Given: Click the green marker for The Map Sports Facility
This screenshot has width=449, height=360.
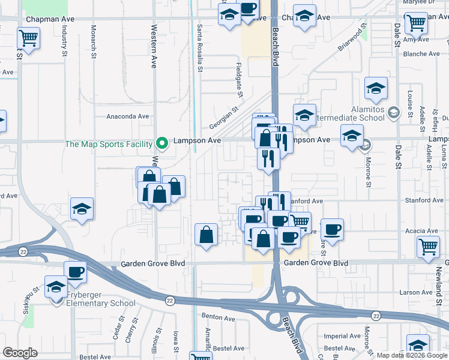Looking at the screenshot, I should click(x=161, y=143).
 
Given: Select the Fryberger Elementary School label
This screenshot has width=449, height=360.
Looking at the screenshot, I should click(x=98, y=303).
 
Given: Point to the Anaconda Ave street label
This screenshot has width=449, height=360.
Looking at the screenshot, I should click(x=127, y=117).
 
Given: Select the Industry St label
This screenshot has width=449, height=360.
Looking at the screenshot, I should click(x=65, y=41).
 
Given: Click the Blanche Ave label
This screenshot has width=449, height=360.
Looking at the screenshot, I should click(x=423, y=54).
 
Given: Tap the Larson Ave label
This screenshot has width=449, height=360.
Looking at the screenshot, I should click(x=418, y=293).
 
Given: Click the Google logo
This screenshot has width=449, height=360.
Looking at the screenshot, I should click(x=20, y=353).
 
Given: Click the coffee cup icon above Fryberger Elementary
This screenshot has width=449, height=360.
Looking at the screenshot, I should click(x=76, y=272).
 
